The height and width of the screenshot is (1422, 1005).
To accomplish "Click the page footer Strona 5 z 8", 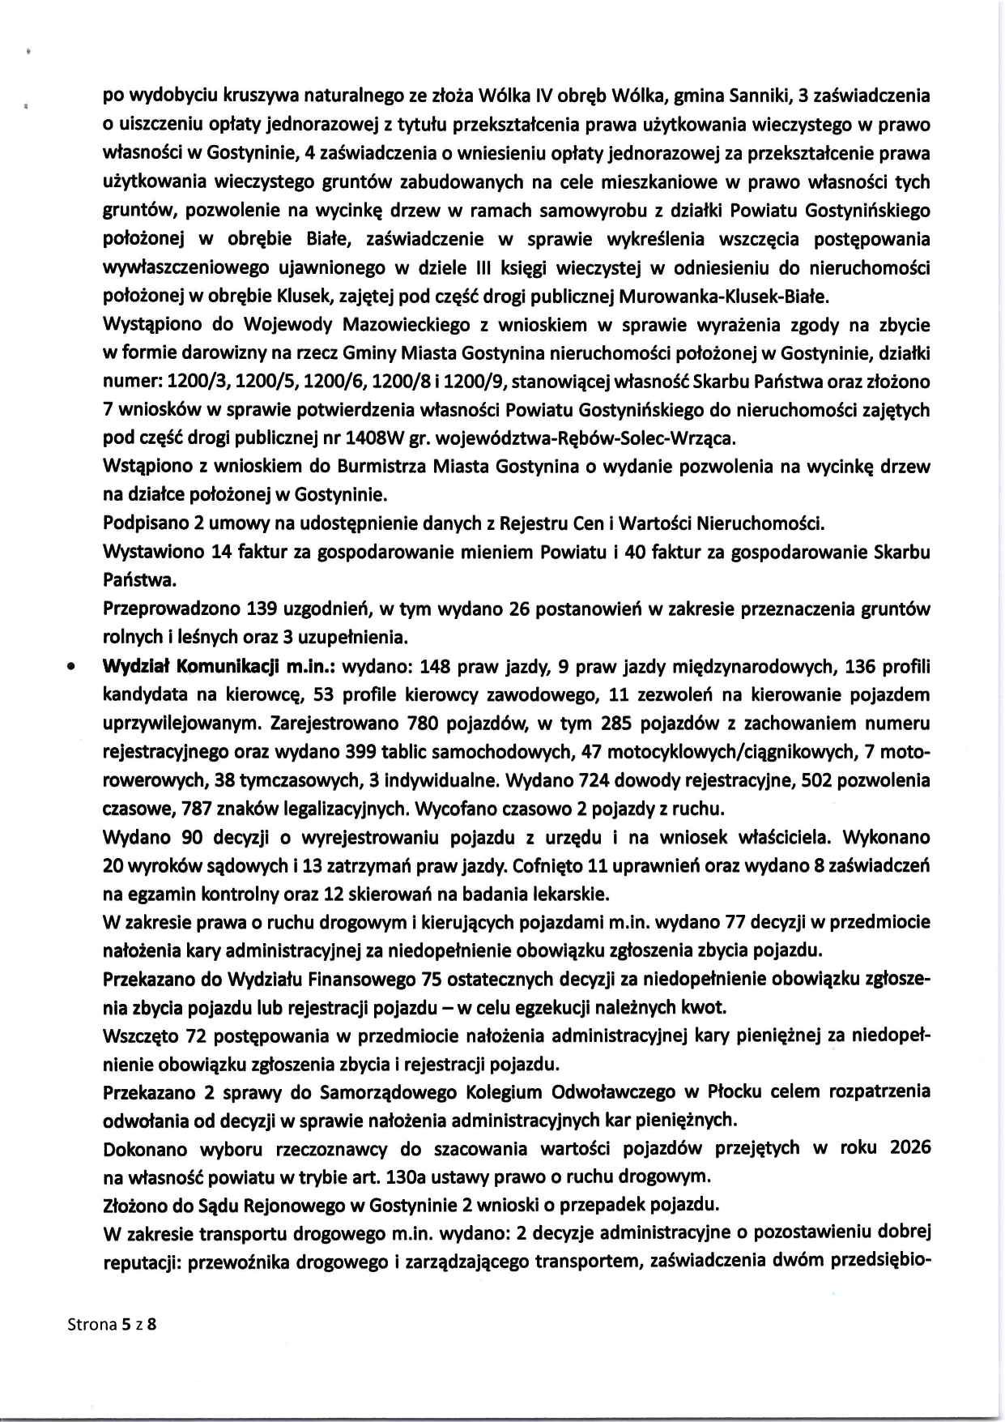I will click(x=112, y=1325).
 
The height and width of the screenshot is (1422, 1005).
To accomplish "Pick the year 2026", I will click(x=909, y=1147).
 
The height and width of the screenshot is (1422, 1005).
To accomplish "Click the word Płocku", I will click(x=739, y=1091).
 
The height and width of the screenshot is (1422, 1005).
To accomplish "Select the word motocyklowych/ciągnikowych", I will click(x=719, y=752).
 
